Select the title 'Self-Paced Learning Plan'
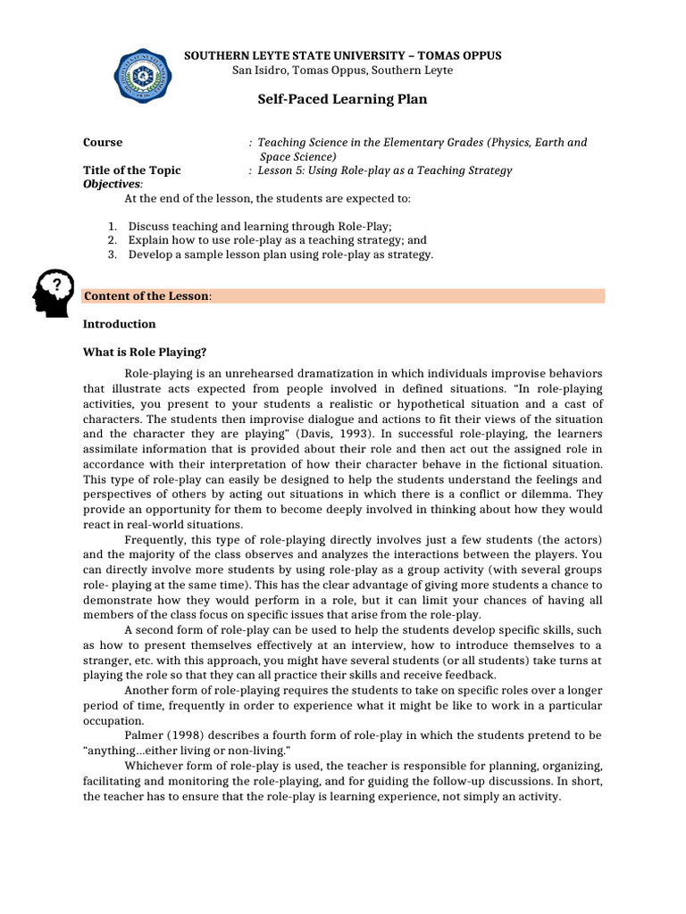pyautogui.click(x=342, y=99)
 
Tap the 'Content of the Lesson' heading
pyautogui.click(x=146, y=296)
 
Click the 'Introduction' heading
pyautogui.click(x=119, y=324)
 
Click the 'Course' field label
pyautogui.click(x=103, y=143)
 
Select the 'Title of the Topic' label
pyautogui.click(x=131, y=170)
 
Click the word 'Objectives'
pyautogui.click(x=106, y=183)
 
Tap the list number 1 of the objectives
pyautogui.click(x=112, y=227)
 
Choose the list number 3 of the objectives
pyautogui.click(x=112, y=254)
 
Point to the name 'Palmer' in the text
pyautogui.click(x=144, y=735)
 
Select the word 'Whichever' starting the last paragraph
pyautogui.click(x=152, y=766)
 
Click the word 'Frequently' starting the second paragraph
pyautogui.click(x=153, y=539)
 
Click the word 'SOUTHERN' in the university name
pyautogui.click(x=212, y=55)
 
